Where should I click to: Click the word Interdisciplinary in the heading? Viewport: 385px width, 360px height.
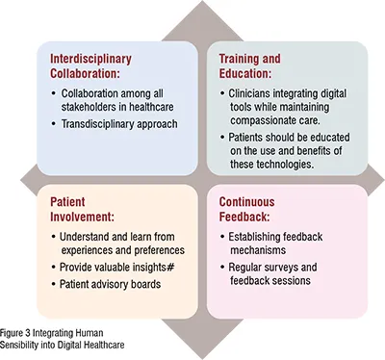(90, 60)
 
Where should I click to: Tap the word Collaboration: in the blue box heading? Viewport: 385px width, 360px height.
(85, 73)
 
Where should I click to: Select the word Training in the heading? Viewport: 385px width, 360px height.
(239, 60)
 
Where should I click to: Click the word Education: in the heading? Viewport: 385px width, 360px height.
(245, 73)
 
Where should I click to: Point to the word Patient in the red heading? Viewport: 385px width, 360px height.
(67, 202)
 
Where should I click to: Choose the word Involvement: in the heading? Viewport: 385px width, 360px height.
(82, 217)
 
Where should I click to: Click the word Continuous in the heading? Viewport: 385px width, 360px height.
(246, 202)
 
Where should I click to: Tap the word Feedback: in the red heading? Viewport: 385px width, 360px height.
(244, 217)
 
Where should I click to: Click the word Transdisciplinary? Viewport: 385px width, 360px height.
(97, 124)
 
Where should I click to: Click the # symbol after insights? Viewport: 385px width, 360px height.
(170, 268)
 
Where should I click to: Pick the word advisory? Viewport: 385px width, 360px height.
(110, 284)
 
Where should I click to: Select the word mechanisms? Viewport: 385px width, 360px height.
(258, 250)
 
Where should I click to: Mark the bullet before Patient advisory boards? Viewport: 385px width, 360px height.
(54, 285)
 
